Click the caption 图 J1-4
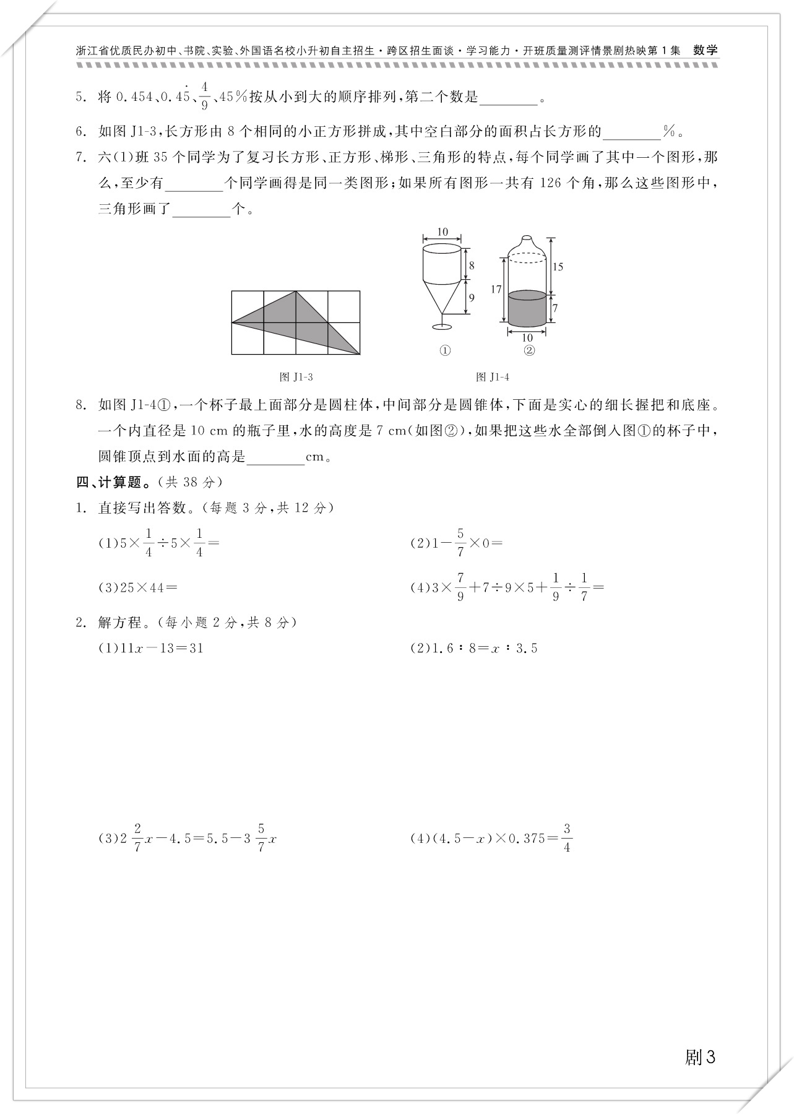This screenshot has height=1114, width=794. coord(493,377)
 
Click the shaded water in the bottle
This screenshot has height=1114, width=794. coord(527,308)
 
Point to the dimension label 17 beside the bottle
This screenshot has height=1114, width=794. coord(496,289)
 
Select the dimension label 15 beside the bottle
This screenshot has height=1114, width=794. coord(558,267)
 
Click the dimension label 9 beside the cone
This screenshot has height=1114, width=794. coord(472,298)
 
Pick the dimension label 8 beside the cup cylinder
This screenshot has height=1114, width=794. coord(472,266)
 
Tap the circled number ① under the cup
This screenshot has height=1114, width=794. coord(444,351)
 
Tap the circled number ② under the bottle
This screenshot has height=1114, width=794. coord(529,351)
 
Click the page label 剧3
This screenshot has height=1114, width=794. coord(700,1057)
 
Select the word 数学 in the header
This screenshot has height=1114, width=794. coord(706,51)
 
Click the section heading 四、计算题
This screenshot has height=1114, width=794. coord(111,482)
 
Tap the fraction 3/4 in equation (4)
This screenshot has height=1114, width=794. coord(567,838)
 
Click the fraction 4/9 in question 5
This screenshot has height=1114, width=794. coord(204,96)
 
